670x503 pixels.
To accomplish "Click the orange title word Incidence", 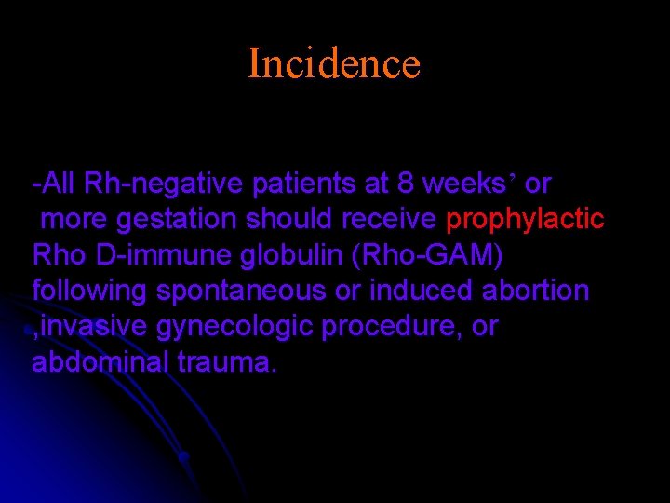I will coord(334,63).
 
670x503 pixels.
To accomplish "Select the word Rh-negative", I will coord(164,184).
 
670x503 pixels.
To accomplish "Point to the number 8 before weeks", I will coord(406,184).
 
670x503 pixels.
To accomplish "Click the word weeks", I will coord(462,184).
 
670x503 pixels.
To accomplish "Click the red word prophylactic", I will coord(526,220).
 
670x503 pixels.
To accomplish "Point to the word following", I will coord(89,291).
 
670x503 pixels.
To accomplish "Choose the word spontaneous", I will coord(241,292).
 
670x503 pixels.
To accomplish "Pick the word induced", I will coord(422,291).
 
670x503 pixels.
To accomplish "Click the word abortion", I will coord(535,291).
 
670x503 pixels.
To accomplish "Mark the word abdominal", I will coord(100,362).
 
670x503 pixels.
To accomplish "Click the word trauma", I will coord(226,362).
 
